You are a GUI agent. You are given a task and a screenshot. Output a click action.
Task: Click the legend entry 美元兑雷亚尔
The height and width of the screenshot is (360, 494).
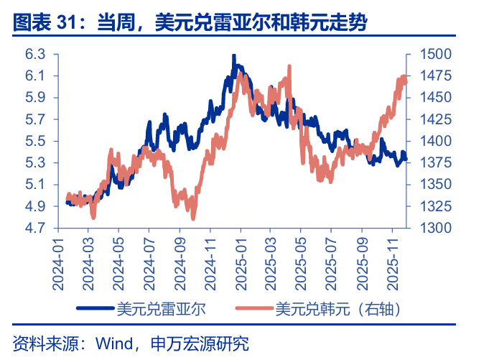161,309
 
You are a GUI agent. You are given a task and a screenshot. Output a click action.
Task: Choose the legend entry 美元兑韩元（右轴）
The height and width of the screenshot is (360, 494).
337,309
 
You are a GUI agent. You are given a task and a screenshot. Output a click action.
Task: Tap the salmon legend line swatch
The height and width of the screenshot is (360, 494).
254,310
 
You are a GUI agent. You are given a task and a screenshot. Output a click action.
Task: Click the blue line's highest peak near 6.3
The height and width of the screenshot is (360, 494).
233,55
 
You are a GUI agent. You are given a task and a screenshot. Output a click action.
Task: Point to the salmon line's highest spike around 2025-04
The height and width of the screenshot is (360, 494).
289,66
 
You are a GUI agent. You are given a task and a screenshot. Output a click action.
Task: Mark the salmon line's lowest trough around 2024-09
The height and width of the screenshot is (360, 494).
193,218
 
